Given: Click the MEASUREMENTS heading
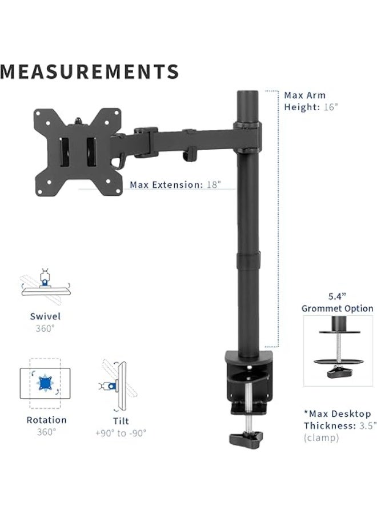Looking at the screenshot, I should [90, 71].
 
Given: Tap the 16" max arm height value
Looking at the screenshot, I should [330, 107].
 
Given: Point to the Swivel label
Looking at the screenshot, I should [46, 316].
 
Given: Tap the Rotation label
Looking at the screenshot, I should [46, 420].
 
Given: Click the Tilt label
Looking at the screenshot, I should [121, 421].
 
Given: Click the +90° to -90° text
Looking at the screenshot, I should [121, 433].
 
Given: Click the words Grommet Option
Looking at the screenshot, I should [338, 309].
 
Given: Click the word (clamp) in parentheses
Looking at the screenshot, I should [321, 438].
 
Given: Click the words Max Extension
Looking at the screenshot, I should [166, 185].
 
